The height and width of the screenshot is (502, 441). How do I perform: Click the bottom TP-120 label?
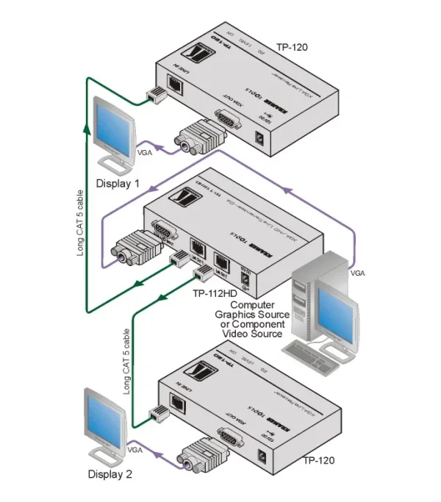click(318, 461)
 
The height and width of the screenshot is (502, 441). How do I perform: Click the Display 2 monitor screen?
click(101, 417)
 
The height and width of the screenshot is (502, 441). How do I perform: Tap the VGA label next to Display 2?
click(135, 449)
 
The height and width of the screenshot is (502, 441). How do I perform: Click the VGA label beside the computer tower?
click(358, 272)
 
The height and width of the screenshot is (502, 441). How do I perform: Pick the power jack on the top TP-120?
click(259, 137)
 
